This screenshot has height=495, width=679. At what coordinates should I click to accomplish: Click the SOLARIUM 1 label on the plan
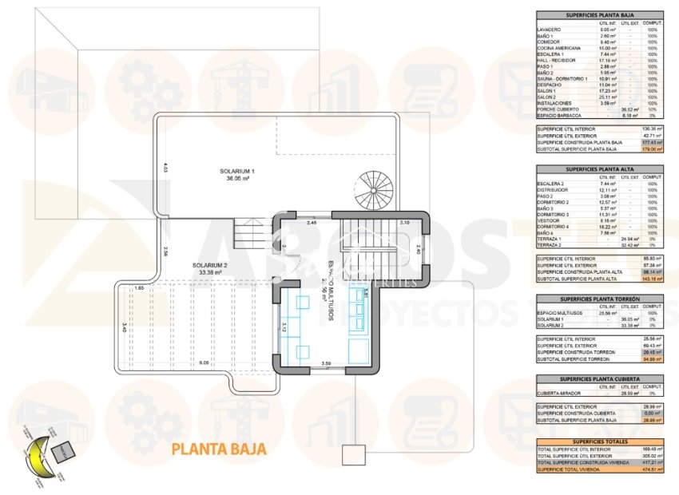pos(237,172)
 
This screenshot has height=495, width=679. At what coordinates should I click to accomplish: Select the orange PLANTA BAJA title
pos(218,449)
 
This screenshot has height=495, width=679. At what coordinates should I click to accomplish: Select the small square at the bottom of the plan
pos(351,455)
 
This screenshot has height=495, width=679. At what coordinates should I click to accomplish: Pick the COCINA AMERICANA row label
pos(559,49)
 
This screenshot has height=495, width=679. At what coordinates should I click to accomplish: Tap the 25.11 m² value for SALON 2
pos(610,97)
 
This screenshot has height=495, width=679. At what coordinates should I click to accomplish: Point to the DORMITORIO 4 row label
pos(558,228)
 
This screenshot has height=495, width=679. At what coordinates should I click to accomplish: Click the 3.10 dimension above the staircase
pos(404,222)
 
